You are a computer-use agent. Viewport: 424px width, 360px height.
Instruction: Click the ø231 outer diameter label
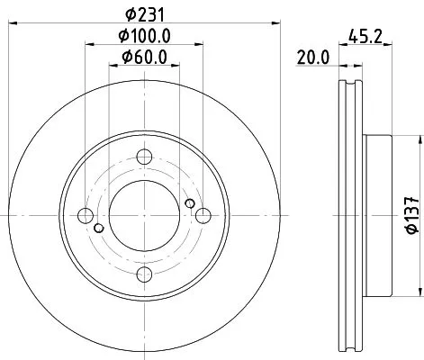(x=145, y=13)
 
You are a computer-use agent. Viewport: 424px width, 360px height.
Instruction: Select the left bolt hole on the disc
(x=86, y=215)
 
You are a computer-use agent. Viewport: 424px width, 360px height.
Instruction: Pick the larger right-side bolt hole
(x=204, y=215)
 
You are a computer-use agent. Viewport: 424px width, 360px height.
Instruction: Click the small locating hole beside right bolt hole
(x=189, y=204)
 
